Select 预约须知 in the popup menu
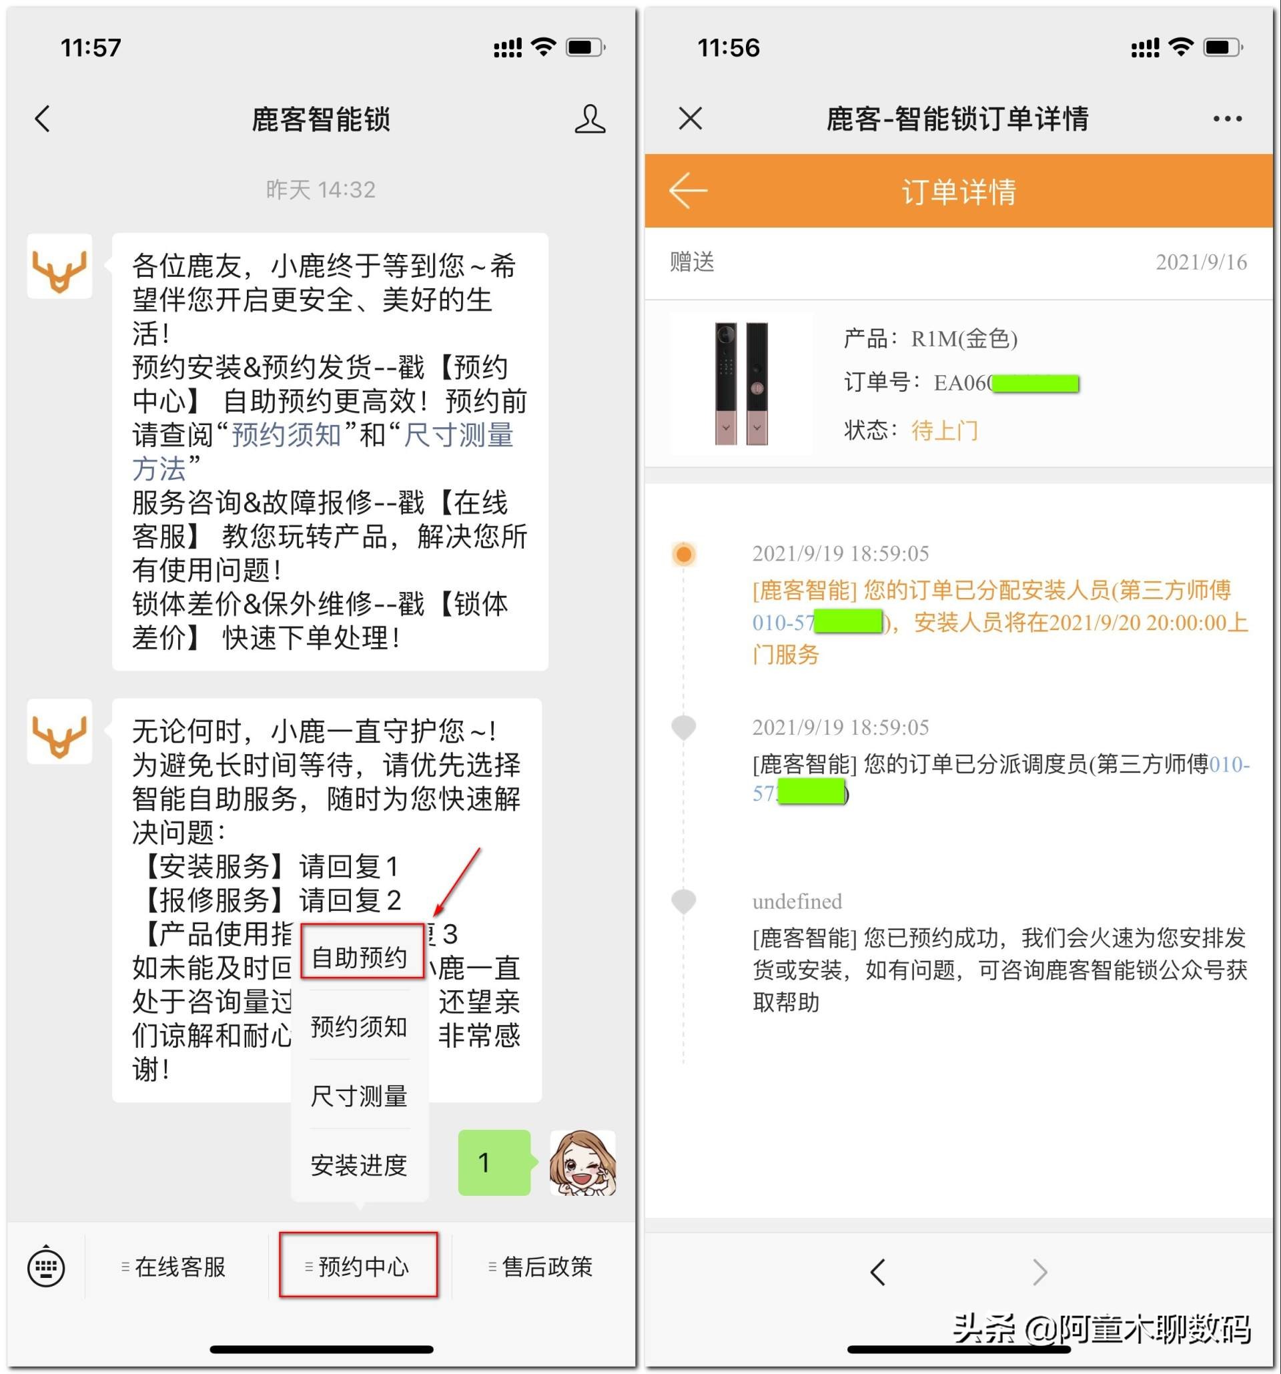(x=360, y=1026)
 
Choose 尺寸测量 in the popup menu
(x=360, y=1096)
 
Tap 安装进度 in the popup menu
(x=360, y=1165)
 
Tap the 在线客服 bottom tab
(x=175, y=1267)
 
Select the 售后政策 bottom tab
(x=541, y=1267)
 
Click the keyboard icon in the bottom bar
(x=46, y=1267)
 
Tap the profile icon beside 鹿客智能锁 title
(x=589, y=119)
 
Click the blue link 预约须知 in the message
(x=286, y=435)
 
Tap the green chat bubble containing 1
(x=493, y=1162)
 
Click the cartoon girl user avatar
(x=582, y=1162)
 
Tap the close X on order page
(x=691, y=119)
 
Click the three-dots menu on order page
(x=1227, y=119)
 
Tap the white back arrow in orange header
(x=688, y=191)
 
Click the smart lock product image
(x=741, y=383)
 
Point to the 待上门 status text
(x=945, y=430)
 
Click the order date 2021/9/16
(x=1201, y=262)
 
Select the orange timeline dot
(x=683, y=555)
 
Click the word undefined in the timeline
(x=797, y=902)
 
